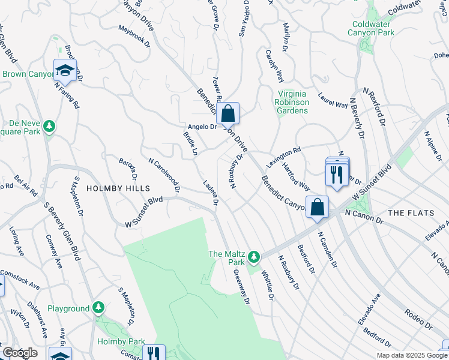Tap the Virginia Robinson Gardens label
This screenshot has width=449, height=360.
293,102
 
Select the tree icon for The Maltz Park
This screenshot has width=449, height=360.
254,257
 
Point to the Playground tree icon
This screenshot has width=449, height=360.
98,308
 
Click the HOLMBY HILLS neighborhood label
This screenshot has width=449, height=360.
118,188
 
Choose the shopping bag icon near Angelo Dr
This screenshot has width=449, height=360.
228,113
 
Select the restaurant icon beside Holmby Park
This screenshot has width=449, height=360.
155,354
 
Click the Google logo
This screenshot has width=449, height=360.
19,353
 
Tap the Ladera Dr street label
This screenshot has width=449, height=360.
210,192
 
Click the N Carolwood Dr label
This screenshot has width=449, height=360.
164,175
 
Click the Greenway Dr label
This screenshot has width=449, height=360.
241,286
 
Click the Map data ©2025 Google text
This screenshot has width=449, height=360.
411,355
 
